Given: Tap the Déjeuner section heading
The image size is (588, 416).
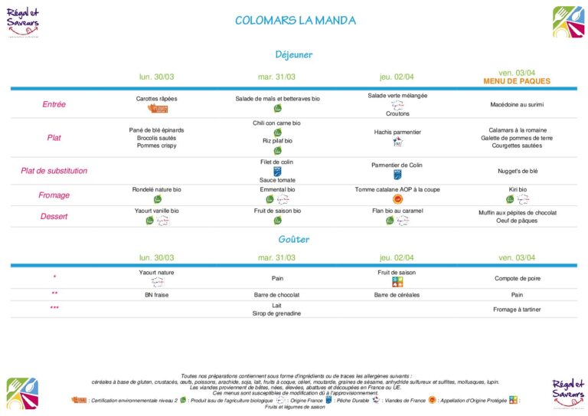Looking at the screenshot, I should (294, 54).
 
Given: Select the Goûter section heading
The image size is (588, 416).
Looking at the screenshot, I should (294, 240).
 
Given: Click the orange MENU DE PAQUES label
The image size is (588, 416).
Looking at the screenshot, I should (517, 81).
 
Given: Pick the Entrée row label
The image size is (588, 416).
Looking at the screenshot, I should (54, 104).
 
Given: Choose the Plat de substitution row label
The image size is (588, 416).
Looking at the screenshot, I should (54, 171).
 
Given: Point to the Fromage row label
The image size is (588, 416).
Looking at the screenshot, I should (54, 195).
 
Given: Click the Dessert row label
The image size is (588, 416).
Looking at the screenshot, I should (54, 216).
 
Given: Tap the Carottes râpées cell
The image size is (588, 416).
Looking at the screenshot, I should (156, 99).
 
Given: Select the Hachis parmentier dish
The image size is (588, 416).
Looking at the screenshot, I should (397, 132).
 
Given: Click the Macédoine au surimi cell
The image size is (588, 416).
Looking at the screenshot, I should (517, 104).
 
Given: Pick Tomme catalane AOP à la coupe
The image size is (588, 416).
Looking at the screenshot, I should (397, 189).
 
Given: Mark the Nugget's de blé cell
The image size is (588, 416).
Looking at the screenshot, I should (517, 171).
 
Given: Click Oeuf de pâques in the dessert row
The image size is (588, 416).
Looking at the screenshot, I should (517, 221).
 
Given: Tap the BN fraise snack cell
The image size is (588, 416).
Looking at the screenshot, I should (156, 294).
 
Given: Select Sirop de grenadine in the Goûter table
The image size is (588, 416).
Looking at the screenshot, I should (277, 313).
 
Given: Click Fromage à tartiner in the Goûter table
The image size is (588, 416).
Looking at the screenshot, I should (517, 309).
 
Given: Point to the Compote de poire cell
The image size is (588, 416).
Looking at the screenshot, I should (517, 278).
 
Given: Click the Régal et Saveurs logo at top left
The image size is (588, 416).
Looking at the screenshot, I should (24, 21).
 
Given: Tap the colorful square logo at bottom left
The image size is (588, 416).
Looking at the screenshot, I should (22, 392).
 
